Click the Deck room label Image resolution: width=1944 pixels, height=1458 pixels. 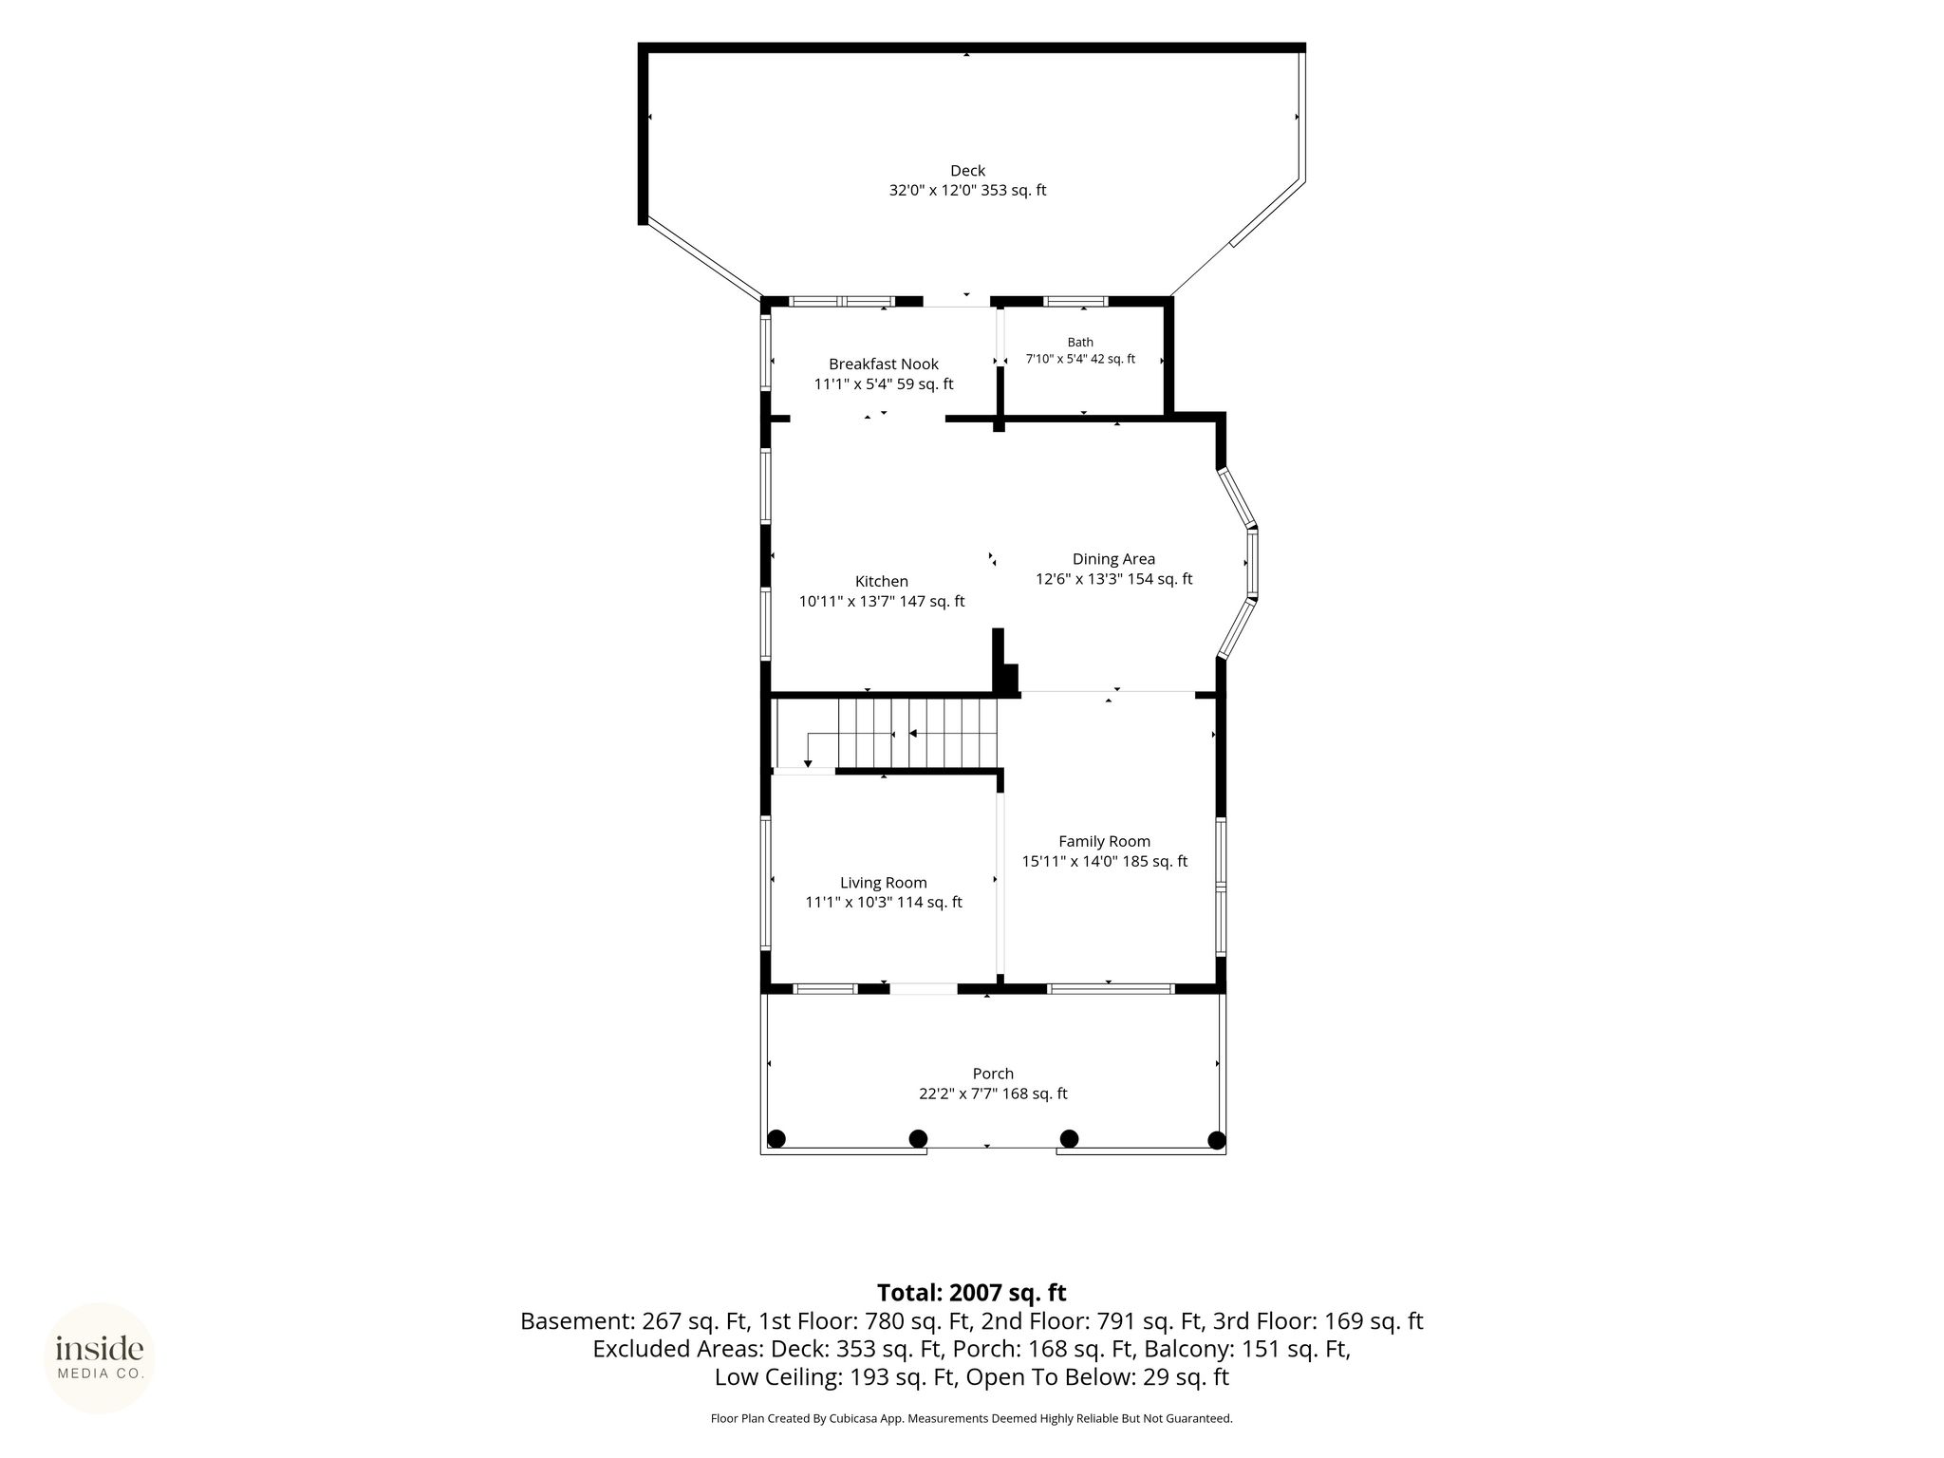[967, 171]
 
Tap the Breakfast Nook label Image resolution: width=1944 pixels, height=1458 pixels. [884, 364]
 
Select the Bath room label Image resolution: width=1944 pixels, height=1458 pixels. [1080, 343]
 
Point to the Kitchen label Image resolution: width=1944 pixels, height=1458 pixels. [882, 581]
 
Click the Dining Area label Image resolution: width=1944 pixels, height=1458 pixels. [1113, 559]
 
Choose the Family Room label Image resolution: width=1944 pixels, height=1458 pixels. [1104, 841]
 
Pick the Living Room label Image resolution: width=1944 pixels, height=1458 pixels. [883, 883]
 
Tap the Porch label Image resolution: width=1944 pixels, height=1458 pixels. [993, 1074]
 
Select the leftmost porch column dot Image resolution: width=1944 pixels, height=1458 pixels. [776, 1139]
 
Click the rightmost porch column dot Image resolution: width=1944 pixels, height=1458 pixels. [1216, 1140]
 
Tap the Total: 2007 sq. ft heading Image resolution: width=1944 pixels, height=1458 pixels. [971, 1293]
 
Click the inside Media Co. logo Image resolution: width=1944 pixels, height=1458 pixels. [100, 1358]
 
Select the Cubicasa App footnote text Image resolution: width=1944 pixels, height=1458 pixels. [971, 1418]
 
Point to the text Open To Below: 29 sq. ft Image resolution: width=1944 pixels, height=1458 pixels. [1097, 1376]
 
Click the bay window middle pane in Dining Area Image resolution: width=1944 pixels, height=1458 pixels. [1252, 562]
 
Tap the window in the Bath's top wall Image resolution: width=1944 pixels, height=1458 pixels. [1075, 302]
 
